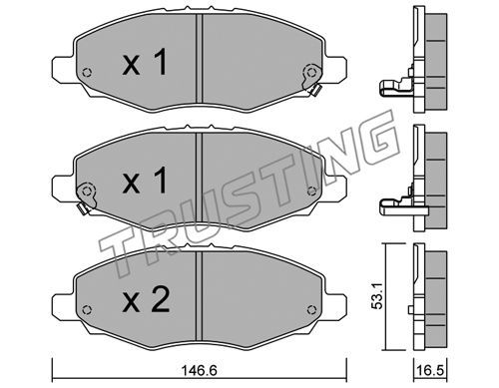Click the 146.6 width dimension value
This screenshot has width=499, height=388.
200,370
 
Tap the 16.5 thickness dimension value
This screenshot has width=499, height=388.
430,370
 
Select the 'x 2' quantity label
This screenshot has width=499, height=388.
146,299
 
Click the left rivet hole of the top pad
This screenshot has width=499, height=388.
87,72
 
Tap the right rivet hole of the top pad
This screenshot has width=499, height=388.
311,72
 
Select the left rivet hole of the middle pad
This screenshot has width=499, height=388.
87,191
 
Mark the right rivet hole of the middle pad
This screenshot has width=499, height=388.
311,191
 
